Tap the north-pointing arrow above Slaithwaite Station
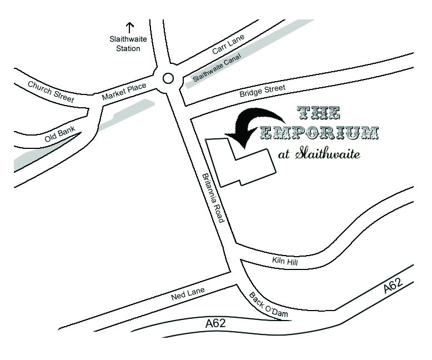click(x=130, y=27)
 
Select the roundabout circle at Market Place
click(x=168, y=78)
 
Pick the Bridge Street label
click(x=262, y=91)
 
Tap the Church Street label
click(x=51, y=91)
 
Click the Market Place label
click(x=124, y=92)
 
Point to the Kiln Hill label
click(x=285, y=261)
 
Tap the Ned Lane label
click(x=188, y=293)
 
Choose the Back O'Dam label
click(x=268, y=306)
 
